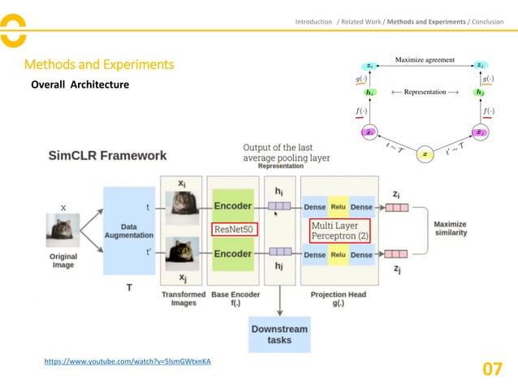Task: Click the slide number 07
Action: point(493,370)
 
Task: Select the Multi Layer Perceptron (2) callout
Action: point(339,230)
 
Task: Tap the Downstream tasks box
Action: point(279,334)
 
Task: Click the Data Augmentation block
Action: point(128,230)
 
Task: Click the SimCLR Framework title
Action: point(108,155)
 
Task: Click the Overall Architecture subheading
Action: point(80,84)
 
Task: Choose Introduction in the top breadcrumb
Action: point(313,21)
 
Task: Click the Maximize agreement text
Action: point(425,60)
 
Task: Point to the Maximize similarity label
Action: point(455,229)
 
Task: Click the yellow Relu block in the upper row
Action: point(338,207)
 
